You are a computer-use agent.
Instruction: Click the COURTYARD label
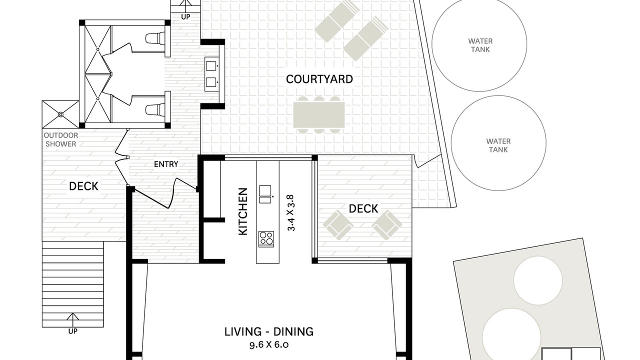pyautogui.click(x=319, y=79)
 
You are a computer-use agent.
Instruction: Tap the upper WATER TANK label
pyautogui.click(x=480, y=45)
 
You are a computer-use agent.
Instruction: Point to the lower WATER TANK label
pyautogui.click(x=498, y=145)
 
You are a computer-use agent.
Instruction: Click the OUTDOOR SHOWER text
pyautogui.click(x=61, y=139)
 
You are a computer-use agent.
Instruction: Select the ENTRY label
pyautogui.click(x=166, y=164)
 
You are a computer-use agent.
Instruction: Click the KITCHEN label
pyautogui.click(x=243, y=211)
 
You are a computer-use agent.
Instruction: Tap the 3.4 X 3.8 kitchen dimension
pyautogui.click(x=291, y=213)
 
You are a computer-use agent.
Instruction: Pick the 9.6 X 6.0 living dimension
pyautogui.click(x=269, y=345)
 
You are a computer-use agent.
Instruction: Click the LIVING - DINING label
pyautogui.click(x=269, y=331)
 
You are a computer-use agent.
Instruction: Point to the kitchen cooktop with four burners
pyautogui.click(x=266, y=239)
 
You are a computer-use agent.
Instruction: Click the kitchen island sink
pyautogui.click(x=265, y=194)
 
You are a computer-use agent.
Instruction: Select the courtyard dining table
pyautogui.click(x=319, y=115)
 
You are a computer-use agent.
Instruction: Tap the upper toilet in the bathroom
pyautogui.click(x=155, y=38)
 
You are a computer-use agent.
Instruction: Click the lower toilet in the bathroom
pyautogui.click(x=155, y=109)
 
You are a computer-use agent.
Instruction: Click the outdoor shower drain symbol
pyautogui.click(x=60, y=114)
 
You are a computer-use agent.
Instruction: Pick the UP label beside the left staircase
pyautogui.click(x=73, y=331)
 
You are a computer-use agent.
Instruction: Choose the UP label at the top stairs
pyautogui.click(x=185, y=17)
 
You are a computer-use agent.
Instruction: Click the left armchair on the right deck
pyautogui.click(x=338, y=225)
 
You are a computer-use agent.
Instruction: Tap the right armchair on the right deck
pyautogui.click(x=386, y=225)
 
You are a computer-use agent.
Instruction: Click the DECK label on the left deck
pyautogui.click(x=83, y=186)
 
